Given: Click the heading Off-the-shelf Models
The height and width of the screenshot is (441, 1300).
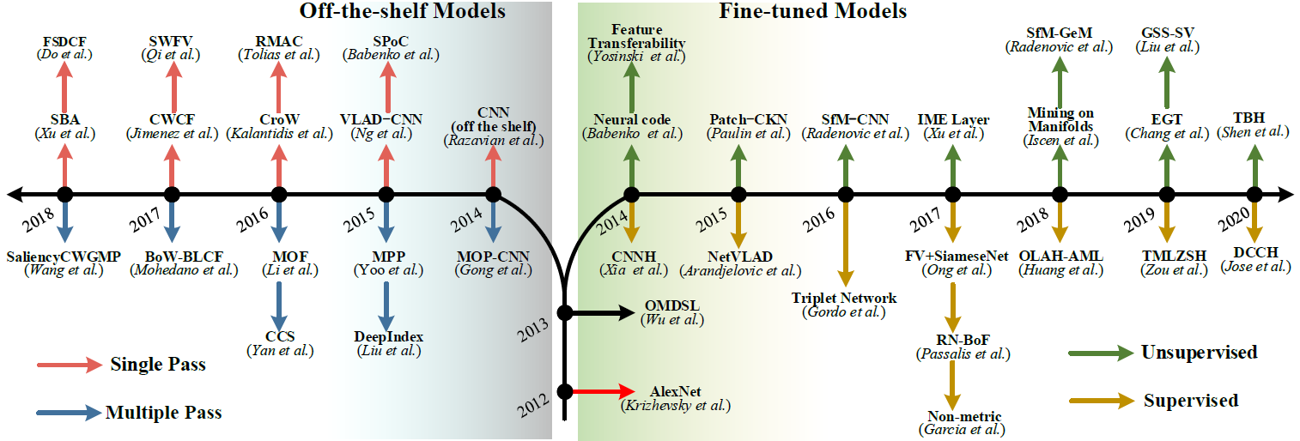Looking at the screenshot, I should tap(402, 11).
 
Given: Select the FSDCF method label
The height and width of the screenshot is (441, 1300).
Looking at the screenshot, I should tap(64, 41).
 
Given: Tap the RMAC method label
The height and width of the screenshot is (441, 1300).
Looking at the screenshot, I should tap(277, 41).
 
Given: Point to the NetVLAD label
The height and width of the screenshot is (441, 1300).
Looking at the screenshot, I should tap(738, 256).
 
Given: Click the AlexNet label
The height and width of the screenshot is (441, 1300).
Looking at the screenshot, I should tap(675, 390).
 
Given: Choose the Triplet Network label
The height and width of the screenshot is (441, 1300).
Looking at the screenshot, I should tap(845, 298).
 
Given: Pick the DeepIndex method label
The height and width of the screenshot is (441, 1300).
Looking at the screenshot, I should tap(388, 335).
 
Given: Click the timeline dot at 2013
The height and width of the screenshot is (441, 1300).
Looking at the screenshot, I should tap(565, 312).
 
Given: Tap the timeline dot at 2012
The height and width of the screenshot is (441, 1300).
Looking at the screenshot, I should tap(565, 391).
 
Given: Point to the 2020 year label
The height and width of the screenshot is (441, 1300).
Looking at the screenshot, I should tap(1233, 224).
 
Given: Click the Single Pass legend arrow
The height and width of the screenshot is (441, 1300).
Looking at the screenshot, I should tap(68, 365).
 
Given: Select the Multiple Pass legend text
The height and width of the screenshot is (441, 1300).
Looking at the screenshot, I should tap(163, 413).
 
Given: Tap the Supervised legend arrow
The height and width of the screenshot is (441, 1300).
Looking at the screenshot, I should tap(1101, 401).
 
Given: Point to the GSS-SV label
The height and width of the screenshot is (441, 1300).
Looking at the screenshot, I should tap(1167, 33).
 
